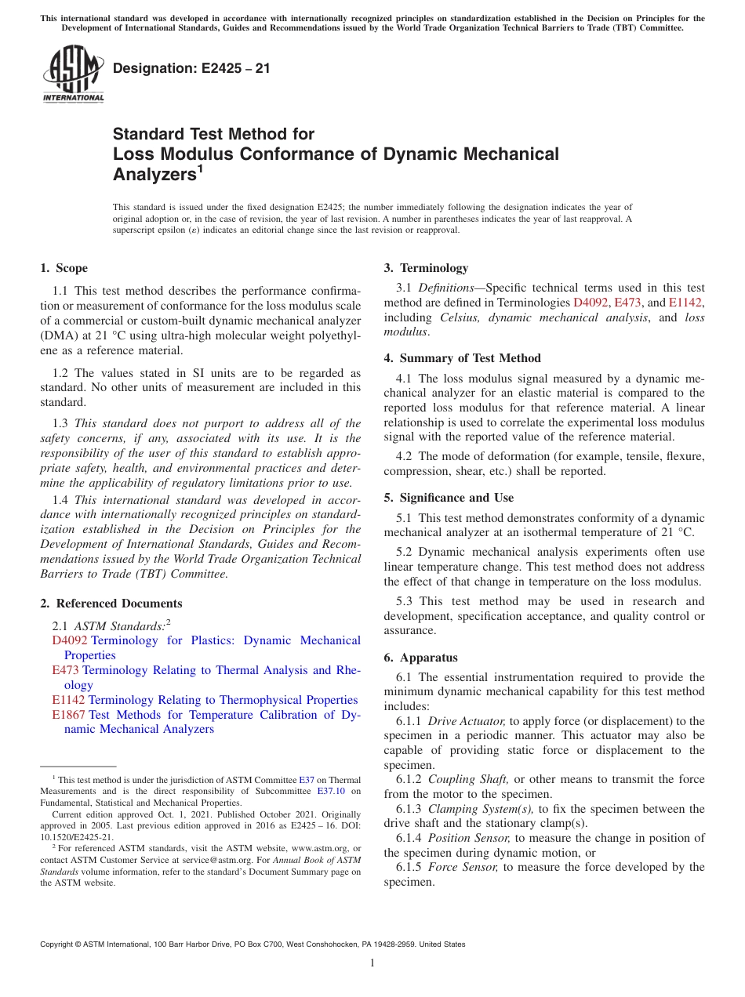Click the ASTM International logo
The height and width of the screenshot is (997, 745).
pos(72,74)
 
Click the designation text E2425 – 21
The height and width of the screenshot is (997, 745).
pos(191,69)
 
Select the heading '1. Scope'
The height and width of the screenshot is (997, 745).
pos(64,268)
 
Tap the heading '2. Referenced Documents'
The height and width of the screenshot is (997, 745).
pos(111,604)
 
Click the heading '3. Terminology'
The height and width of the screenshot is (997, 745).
pos(426,268)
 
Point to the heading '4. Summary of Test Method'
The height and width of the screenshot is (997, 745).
pos(462,358)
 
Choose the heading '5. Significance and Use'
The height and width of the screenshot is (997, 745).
pos(449,498)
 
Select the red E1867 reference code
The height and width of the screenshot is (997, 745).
pos(68,715)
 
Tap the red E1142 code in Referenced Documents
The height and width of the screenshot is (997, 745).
pos(68,700)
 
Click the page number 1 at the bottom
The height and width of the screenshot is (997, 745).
pos(372,963)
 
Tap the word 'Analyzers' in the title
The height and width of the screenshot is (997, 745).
pos(154,175)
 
